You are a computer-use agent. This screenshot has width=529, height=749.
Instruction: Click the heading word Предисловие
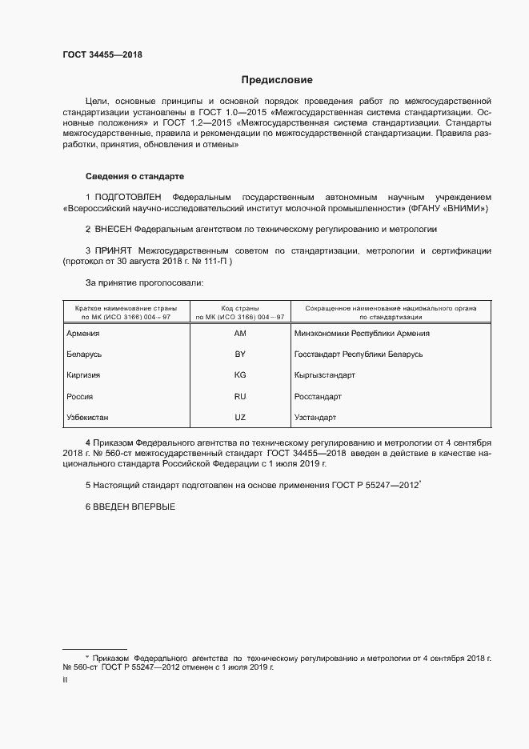tap(277, 80)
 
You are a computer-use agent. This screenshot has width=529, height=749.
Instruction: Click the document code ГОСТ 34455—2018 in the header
tap(102, 54)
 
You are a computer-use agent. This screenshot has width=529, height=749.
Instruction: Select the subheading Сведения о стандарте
tap(135, 175)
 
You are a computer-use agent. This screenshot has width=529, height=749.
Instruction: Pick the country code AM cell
tap(240, 334)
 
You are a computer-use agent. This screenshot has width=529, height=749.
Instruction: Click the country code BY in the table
tap(240, 354)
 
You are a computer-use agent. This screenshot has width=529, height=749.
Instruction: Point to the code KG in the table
tap(240, 374)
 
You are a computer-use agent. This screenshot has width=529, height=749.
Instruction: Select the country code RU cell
tap(240, 396)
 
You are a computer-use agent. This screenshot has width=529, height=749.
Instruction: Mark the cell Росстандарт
tap(319, 396)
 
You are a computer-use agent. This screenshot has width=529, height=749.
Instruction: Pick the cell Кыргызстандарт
tap(325, 374)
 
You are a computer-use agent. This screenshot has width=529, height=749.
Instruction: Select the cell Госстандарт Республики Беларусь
tap(359, 354)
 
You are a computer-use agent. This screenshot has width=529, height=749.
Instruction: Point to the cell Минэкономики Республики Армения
tap(362, 334)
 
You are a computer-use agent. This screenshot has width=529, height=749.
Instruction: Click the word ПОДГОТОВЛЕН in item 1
tap(128, 197)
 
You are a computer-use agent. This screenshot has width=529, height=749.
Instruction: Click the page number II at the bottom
tap(65, 679)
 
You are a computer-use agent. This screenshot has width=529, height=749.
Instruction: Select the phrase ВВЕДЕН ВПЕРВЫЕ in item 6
tap(134, 507)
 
